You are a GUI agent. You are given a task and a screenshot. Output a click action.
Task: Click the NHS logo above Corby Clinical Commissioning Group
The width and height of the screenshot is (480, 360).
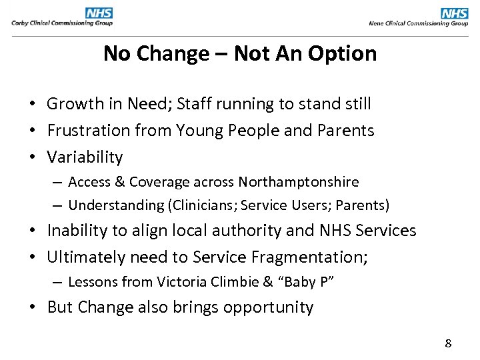99,13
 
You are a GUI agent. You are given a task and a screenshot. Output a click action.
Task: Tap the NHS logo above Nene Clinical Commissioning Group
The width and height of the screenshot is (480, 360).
455,13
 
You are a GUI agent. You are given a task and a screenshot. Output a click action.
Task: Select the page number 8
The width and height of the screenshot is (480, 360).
448,344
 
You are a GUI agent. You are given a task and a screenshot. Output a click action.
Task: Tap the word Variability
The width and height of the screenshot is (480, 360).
85,157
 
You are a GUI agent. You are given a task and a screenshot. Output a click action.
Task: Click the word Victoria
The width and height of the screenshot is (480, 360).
181,282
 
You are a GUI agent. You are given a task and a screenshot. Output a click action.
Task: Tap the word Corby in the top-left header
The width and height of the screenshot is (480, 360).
19,23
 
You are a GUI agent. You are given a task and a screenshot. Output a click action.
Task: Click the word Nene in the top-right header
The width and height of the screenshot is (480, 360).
377,23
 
